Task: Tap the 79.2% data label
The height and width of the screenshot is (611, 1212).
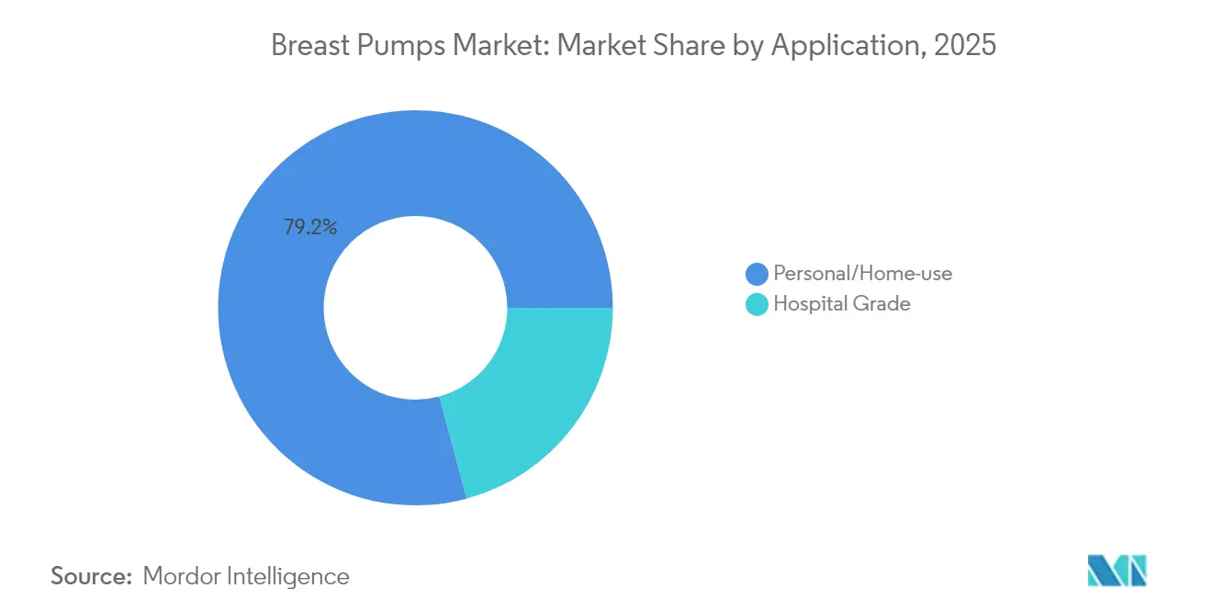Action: pos(310,227)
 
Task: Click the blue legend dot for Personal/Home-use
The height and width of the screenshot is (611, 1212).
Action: pos(757,274)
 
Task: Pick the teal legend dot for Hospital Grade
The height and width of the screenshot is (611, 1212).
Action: pos(757,304)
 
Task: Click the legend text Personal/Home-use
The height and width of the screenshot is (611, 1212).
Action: pos(862,274)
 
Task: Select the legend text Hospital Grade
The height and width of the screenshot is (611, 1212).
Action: pos(842,304)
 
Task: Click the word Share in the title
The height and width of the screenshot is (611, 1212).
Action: pos(690,46)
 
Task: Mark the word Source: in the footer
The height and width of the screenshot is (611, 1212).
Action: pos(91,576)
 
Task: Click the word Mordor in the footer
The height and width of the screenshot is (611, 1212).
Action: pos(180,576)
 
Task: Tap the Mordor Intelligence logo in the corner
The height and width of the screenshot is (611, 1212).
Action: pos(1117,571)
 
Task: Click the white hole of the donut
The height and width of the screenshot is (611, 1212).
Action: pos(415,307)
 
